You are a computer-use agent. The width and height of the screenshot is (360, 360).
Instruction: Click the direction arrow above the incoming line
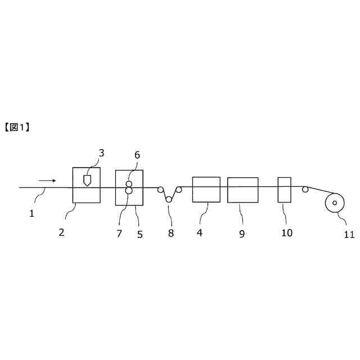coord(48,181)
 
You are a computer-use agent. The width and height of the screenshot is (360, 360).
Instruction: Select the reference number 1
coord(31,213)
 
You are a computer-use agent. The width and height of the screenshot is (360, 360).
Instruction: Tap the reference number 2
coord(61,232)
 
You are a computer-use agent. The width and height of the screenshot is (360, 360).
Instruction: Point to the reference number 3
coord(102,152)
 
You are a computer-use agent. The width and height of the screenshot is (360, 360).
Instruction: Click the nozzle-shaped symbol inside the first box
coord(87,181)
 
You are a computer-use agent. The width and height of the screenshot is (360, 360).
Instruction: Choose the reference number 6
coord(137,155)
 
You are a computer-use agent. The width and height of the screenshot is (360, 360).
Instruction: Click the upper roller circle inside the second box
coord(129,184)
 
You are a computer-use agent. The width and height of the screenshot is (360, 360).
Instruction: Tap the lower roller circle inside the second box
coord(129,191)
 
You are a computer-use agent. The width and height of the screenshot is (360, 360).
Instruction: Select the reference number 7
coord(119,233)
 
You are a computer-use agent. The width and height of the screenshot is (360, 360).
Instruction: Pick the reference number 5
coord(139,234)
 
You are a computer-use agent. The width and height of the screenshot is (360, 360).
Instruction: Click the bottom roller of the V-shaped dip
coord(169,200)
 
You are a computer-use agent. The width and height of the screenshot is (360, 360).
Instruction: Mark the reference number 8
coord(171,233)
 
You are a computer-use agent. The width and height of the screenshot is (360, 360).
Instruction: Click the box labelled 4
coord(206,189)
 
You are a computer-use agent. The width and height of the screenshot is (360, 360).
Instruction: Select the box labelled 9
coord(242,190)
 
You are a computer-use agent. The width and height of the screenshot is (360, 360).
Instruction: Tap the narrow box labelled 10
coord(284,190)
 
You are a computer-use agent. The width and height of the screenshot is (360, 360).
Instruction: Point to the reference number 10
coord(287,233)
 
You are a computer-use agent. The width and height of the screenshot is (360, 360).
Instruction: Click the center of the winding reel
coord(335,202)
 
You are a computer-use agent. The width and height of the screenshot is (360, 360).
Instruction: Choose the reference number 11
coord(349,235)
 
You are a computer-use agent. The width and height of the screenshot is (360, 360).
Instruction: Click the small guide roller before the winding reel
coord(305,190)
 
